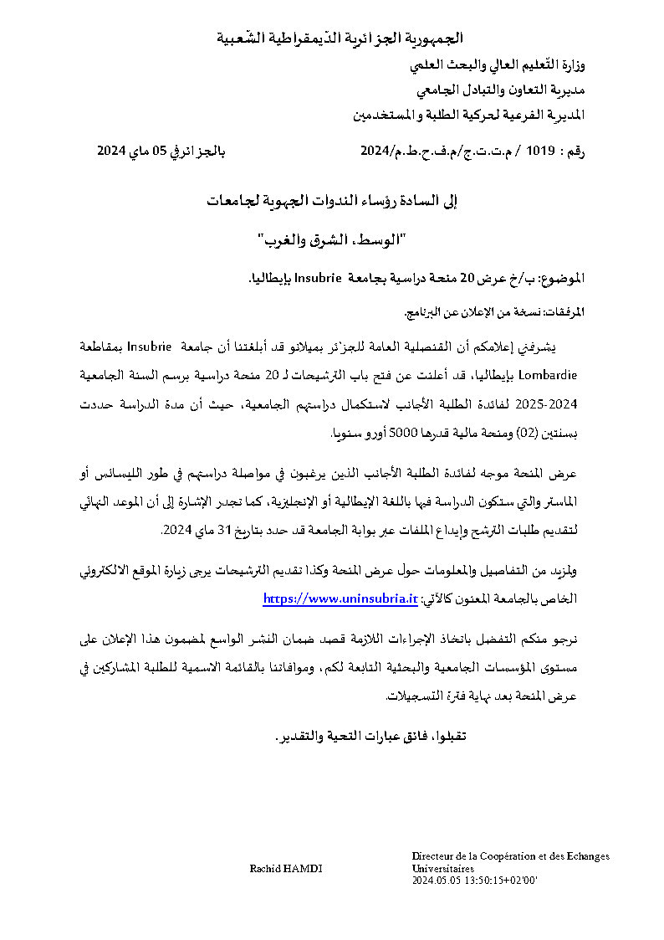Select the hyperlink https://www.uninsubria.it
[340, 599]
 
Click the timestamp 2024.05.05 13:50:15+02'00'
[474, 881]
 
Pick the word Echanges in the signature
[586, 856]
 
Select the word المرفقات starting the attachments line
[564, 312]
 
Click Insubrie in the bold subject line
[363, 278]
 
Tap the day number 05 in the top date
[179, 152]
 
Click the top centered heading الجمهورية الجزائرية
[339, 39]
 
